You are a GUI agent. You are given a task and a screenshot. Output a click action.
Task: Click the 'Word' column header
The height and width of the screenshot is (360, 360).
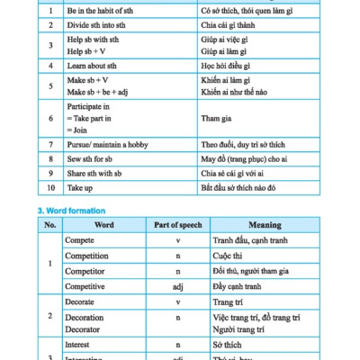point(103,225)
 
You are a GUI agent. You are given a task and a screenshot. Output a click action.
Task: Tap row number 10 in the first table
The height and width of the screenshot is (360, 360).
point(51,190)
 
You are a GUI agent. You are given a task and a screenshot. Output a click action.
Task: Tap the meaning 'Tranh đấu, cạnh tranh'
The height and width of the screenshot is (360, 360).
point(243,240)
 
